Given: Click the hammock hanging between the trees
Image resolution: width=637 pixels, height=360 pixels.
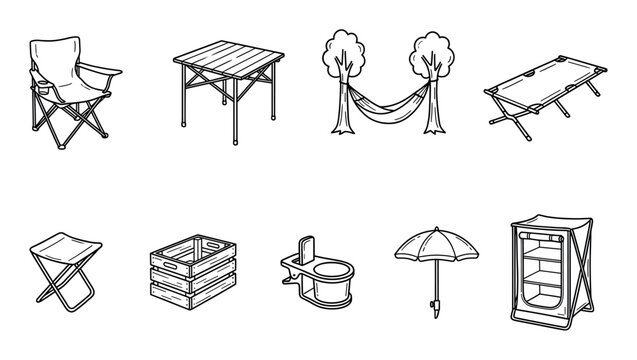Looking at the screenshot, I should click(x=384, y=103).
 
